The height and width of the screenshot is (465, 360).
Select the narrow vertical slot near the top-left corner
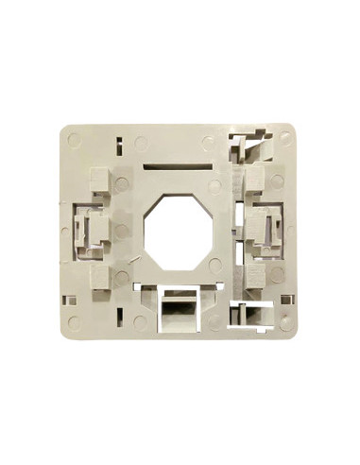tap(119, 146)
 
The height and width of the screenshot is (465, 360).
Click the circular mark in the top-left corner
tap(75, 139)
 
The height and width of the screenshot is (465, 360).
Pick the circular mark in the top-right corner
tap(285, 137)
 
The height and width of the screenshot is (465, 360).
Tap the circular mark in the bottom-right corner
tap(285, 322)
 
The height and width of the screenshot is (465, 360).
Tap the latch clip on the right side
tap(268, 228)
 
